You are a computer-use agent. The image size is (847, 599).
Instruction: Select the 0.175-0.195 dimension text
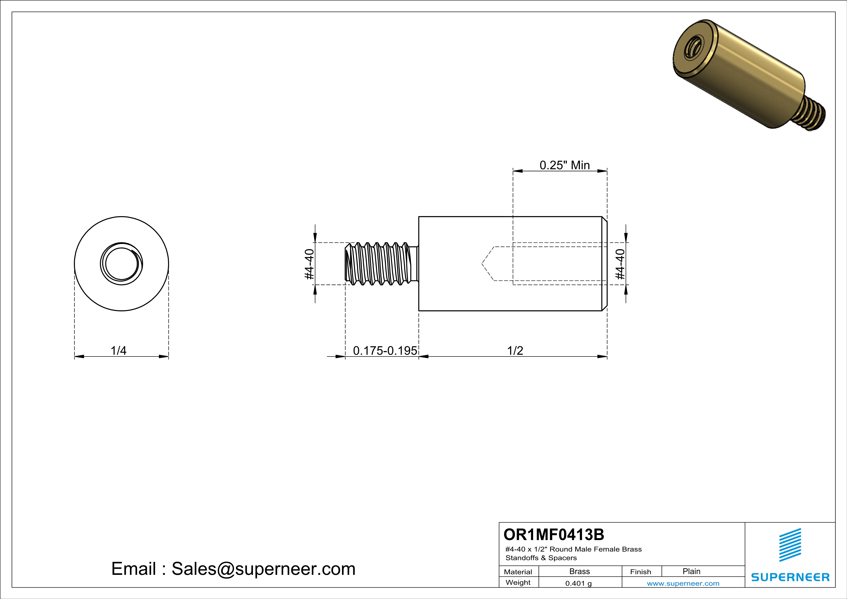385,350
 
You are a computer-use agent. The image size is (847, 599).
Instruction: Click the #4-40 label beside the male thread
309,264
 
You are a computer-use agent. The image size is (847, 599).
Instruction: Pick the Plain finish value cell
691,571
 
